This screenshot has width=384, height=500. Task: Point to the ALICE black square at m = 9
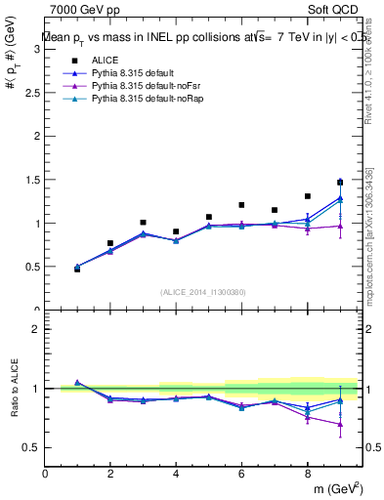pos(340,183)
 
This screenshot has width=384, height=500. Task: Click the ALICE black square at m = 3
pos(143,223)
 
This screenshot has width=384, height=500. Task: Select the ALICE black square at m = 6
pos(241,205)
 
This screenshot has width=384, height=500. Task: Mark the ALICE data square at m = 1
pos(77,269)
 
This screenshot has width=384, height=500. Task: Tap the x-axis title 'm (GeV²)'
pos(337,488)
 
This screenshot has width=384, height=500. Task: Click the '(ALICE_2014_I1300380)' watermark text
pos(202,292)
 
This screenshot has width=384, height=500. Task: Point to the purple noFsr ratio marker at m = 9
pos(340,424)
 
